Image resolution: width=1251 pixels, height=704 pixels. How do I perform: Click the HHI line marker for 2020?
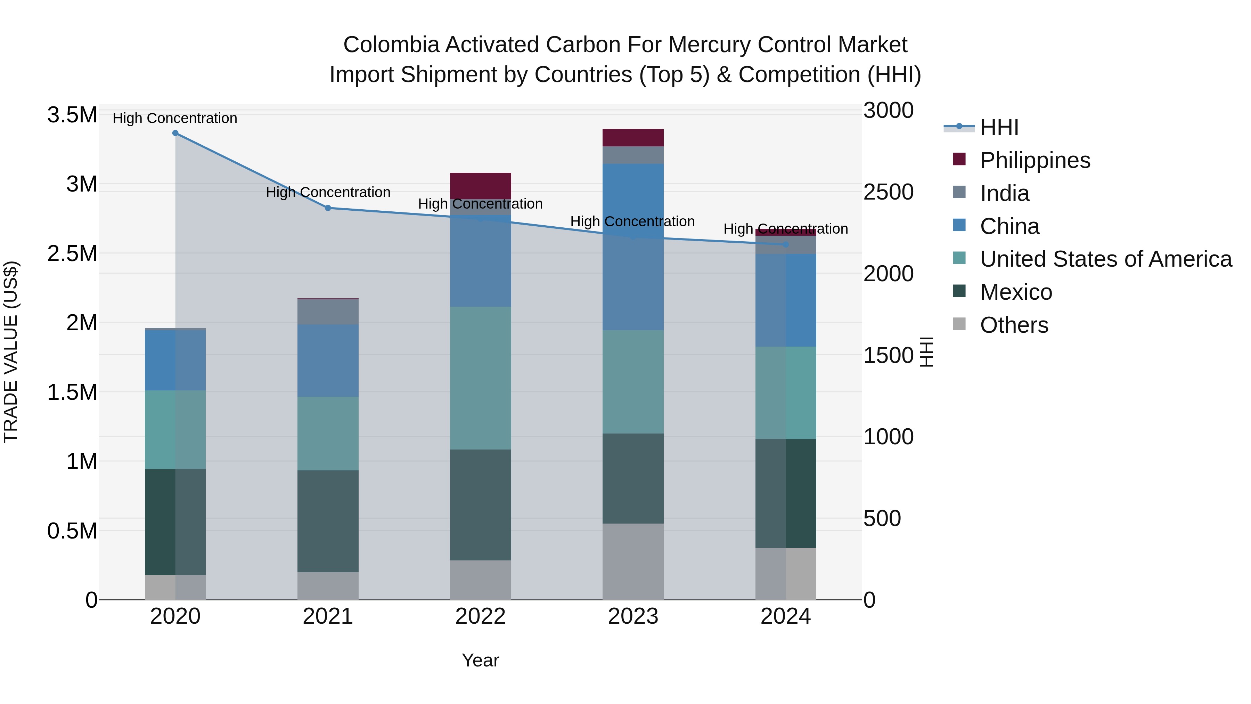click(175, 133)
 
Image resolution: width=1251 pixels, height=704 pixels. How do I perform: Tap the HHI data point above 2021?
click(328, 208)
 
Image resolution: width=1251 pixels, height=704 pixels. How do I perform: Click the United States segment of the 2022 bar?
click(480, 378)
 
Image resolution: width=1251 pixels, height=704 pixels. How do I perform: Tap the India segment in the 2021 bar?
click(328, 312)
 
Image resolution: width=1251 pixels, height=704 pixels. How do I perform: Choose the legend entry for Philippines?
click(1035, 160)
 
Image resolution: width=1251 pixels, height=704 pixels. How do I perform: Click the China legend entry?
click(1009, 226)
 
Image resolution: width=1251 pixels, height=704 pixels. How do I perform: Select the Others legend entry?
click(1014, 325)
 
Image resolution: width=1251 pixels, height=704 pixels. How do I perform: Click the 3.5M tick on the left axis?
click(72, 115)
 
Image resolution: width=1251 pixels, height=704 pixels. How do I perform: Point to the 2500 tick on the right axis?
click(888, 192)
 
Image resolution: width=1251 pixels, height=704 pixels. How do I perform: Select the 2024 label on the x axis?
click(785, 616)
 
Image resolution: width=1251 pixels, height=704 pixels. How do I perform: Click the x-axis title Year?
click(480, 660)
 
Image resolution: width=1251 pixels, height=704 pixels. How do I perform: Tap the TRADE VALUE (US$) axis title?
click(11, 352)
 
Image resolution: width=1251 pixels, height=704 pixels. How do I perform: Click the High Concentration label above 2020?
click(175, 118)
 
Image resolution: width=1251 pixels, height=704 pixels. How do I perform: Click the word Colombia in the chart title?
click(391, 45)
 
